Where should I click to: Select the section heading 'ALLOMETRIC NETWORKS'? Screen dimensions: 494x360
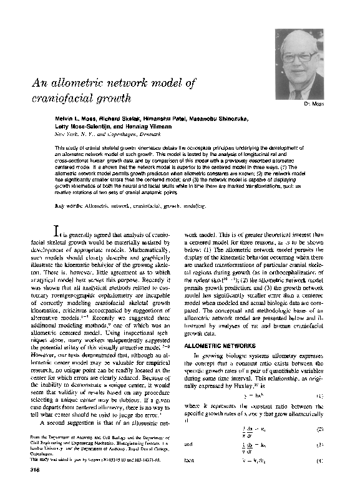[213, 344]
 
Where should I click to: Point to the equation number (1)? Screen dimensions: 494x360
[319, 396]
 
